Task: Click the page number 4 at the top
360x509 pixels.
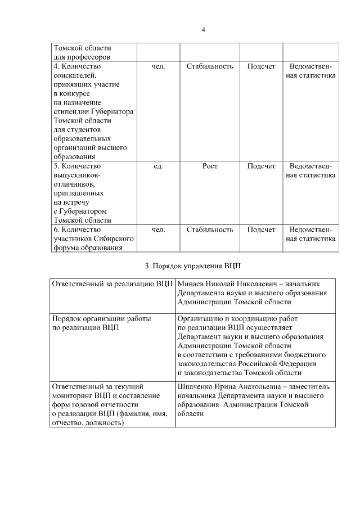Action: pos(202,30)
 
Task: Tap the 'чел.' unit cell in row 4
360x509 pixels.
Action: pos(158,66)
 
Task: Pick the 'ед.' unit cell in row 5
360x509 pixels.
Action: pos(158,166)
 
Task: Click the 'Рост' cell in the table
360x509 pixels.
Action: pos(209,166)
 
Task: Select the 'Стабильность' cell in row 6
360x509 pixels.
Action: pos(209,229)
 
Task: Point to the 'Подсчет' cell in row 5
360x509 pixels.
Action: pos(261,166)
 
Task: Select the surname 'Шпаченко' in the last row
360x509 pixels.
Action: pos(195,387)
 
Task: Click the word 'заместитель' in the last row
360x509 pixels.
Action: pos(309,387)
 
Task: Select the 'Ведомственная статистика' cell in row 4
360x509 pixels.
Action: pos(310,71)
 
